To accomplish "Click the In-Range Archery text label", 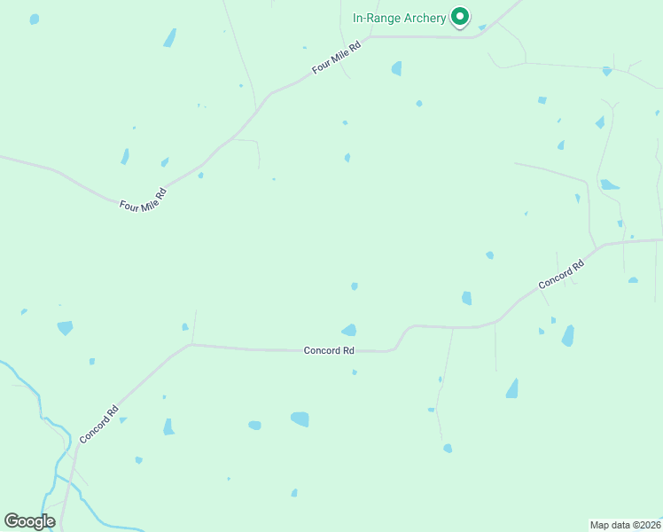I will (x=400, y=18).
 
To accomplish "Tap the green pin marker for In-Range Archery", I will (x=460, y=17).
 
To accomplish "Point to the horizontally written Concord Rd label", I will (x=329, y=351).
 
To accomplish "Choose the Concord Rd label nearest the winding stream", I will (x=98, y=425).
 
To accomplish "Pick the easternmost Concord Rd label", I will (x=561, y=273).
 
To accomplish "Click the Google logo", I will (x=29, y=521).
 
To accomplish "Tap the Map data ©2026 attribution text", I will (x=625, y=524).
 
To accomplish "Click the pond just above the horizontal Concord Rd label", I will (x=349, y=330).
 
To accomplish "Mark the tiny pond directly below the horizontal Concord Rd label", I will (x=355, y=372).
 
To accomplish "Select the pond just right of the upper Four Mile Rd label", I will (x=396, y=68).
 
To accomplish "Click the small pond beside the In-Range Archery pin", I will (x=482, y=27).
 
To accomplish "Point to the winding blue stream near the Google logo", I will (x=53, y=426).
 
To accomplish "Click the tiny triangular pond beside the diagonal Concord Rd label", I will (x=123, y=419).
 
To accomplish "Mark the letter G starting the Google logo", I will (x=12, y=521).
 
